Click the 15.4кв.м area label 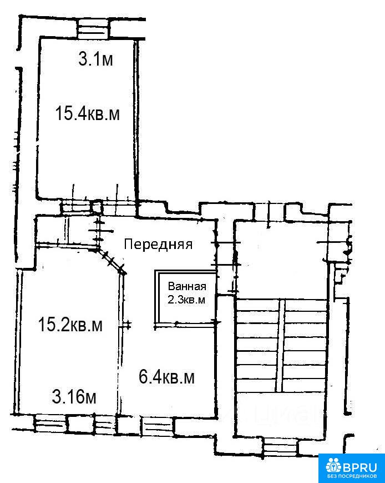[x=87, y=113]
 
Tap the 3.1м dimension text [x=95, y=59]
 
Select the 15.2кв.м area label [x=70, y=325]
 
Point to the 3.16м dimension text [x=74, y=397]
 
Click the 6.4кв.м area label [x=166, y=377]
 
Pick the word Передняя [x=158, y=244]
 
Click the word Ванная [x=187, y=286]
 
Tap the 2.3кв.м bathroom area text [x=186, y=300]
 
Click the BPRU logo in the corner [x=352, y=468]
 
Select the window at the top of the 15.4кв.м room [x=93, y=28]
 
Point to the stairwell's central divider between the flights [x=280, y=346]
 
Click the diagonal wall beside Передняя [x=112, y=261]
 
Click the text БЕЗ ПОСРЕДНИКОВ [x=352, y=476]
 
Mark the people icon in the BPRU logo [x=333, y=465]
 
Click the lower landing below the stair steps [x=281, y=414]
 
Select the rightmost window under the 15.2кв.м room [x=104, y=424]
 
